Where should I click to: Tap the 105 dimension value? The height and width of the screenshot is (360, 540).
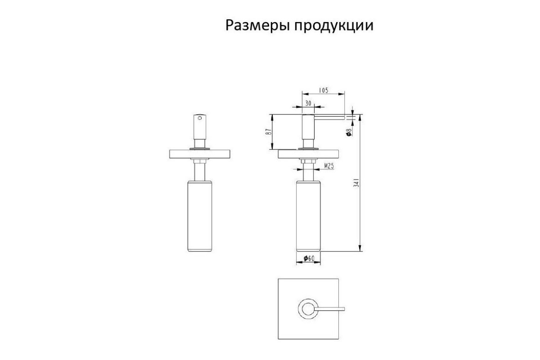[x=324, y=90]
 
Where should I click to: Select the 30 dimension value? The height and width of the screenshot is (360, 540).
[x=308, y=103]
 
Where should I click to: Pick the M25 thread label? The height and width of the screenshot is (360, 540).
[x=329, y=166]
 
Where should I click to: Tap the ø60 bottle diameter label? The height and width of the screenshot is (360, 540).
[x=309, y=258]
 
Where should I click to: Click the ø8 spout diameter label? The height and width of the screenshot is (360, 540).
[x=349, y=132]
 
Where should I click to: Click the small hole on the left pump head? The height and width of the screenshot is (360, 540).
[x=200, y=118]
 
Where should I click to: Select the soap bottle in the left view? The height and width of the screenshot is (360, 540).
[x=200, y=216]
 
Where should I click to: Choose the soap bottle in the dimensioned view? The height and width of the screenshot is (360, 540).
[x=308, y=216]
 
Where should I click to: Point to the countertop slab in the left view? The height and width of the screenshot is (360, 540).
[x=200, y=154]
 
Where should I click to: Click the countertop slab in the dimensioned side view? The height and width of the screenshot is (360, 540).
[x=308, y=154]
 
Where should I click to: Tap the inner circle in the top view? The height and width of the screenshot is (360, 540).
[x=308, y=309]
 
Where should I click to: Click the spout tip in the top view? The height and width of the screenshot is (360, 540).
[x=344, y=309]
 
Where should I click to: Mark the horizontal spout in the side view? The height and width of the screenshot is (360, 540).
[x=329, y=117]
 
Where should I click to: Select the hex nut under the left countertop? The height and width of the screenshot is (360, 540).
[x=200, y=161]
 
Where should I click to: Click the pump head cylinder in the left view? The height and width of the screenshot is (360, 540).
[x=200, y=127]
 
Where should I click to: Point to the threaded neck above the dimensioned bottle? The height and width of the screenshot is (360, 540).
[x=308, y=172]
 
